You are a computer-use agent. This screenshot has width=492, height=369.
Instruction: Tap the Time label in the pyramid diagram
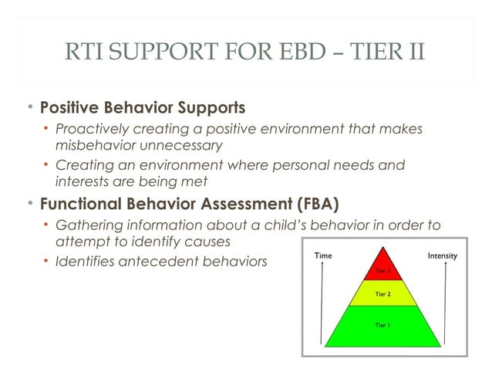point(325,256)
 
